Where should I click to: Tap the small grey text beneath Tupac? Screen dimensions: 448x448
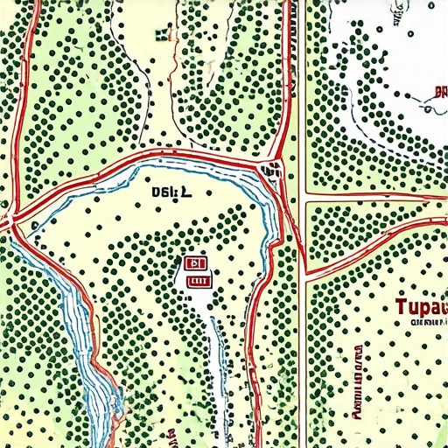(x=423, y=323)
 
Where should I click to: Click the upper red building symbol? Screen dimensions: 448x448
(x=194, y=262)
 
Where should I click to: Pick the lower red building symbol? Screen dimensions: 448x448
(x=198, y=282)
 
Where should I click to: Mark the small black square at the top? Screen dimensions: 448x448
(x=160, y=35)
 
